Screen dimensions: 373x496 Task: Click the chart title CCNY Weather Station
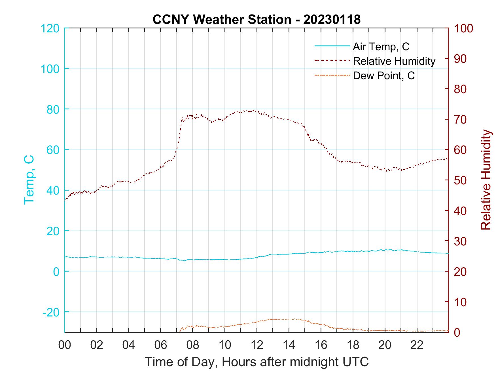pos(257,20)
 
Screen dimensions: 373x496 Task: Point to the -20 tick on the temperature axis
pos(51,312)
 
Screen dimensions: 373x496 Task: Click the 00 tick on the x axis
pos(65,345)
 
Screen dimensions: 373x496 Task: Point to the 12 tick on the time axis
pos(257,345)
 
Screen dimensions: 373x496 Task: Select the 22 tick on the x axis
pos(417,345)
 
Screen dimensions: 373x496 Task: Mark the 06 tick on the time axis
pos(161,345)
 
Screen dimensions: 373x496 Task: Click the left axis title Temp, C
pos(29,180)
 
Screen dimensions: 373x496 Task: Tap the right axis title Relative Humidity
pos(486,180)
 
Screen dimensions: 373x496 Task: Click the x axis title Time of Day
pos(257,362)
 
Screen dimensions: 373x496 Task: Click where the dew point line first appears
pos(180,331)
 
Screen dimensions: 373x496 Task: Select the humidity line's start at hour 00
pos(65,200)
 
